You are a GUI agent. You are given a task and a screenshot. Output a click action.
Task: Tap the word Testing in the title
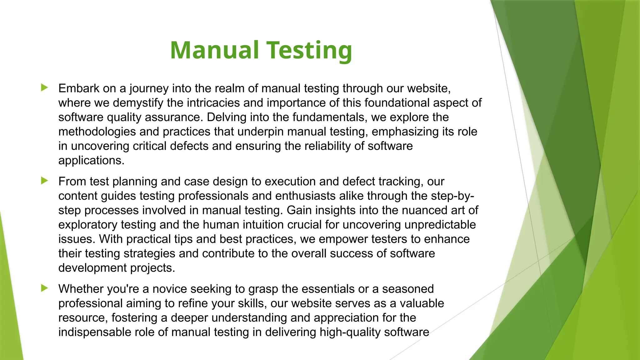coord(309,51)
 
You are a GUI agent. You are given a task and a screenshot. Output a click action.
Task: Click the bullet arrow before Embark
coord(44,87)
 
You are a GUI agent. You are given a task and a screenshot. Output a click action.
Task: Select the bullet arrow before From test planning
coord(44,181)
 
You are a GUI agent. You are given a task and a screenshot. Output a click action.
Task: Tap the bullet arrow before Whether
coord(44,288)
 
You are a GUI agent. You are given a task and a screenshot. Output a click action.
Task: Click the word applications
coord(91,160)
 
